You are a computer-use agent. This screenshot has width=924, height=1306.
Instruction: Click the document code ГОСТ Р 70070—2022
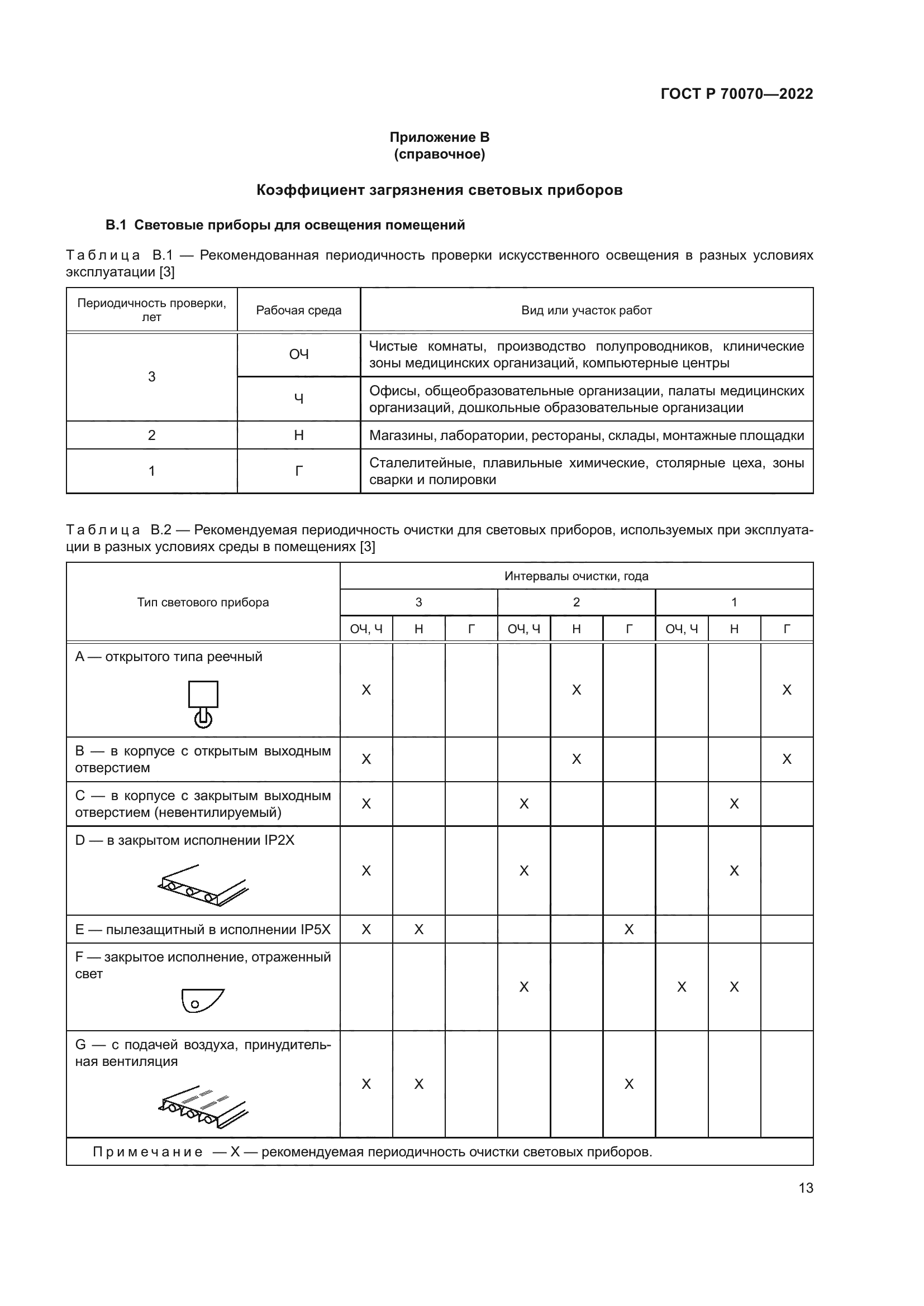[736, 94]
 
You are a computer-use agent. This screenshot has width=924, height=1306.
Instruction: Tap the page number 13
[806, 1188]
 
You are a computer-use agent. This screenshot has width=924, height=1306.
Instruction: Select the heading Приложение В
[439, 137]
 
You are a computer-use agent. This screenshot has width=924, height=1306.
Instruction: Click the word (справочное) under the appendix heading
[439, 154]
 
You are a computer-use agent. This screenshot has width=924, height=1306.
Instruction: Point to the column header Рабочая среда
[299, 310]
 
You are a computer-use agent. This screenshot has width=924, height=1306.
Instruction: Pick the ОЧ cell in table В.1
[299, 355]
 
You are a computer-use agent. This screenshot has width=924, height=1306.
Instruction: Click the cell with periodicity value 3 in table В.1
[151, 376]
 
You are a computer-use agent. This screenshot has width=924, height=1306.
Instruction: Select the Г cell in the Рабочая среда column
[299, 471]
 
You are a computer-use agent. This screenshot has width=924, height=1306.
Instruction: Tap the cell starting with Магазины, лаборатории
[586, 436]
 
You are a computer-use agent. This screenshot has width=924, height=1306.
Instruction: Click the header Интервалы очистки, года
[576, 576]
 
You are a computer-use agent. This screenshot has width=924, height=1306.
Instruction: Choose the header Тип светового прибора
[203, 602]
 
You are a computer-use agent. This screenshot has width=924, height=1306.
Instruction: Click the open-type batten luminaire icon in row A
[203, 704]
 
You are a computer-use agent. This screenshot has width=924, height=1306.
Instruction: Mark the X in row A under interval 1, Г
[787, 690]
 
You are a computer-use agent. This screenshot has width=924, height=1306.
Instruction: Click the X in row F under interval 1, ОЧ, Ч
[681, 987]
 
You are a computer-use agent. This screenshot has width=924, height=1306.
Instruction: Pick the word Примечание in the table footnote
[147, 1152]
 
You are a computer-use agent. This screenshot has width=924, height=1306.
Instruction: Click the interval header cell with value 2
[576, 602]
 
